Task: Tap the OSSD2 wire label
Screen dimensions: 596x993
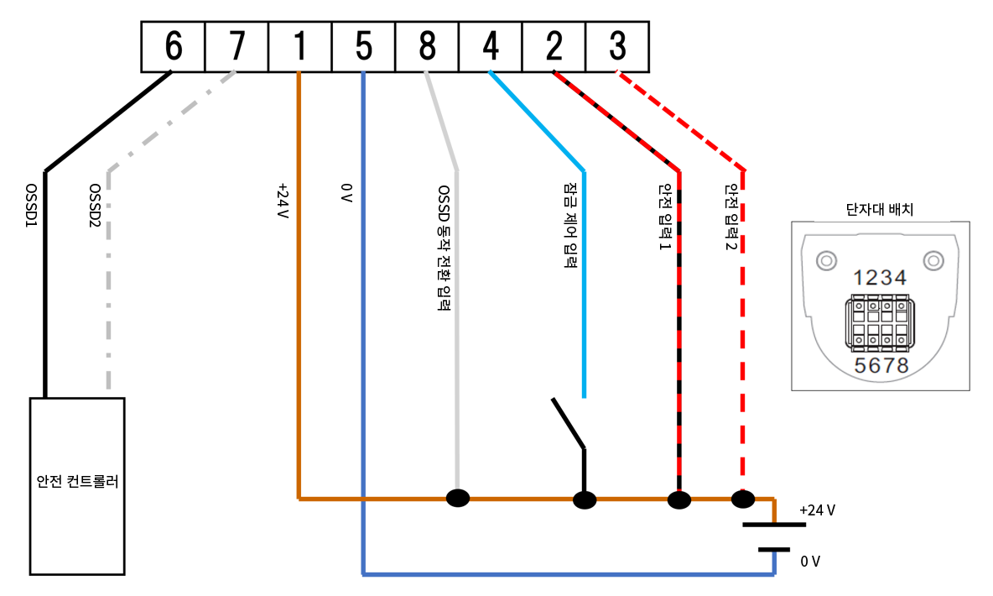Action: [96, 207]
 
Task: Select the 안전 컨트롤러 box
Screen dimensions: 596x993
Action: [77, 486]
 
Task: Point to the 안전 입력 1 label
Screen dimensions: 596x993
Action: [665, 220]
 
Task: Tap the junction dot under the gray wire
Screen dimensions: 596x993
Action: [458, 499]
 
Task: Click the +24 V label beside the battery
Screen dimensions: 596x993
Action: [817, 510]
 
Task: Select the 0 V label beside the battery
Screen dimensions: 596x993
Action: [809, 562]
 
